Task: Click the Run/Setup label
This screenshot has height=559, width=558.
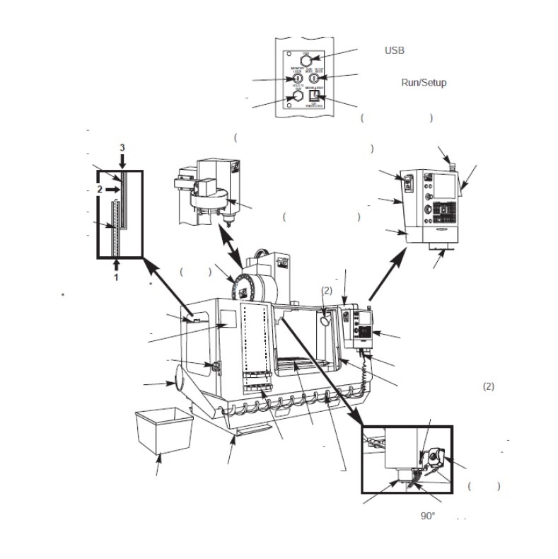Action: point(424,83)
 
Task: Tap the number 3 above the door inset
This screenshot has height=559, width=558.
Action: point(122,147)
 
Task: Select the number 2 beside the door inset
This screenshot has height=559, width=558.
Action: point(101,190)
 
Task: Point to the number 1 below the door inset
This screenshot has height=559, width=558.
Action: point(115,277)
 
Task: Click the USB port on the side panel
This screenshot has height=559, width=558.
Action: point(306,60)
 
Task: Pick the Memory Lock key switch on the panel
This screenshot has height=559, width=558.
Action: point(297,78)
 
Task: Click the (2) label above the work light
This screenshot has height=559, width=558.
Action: point(327,290)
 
